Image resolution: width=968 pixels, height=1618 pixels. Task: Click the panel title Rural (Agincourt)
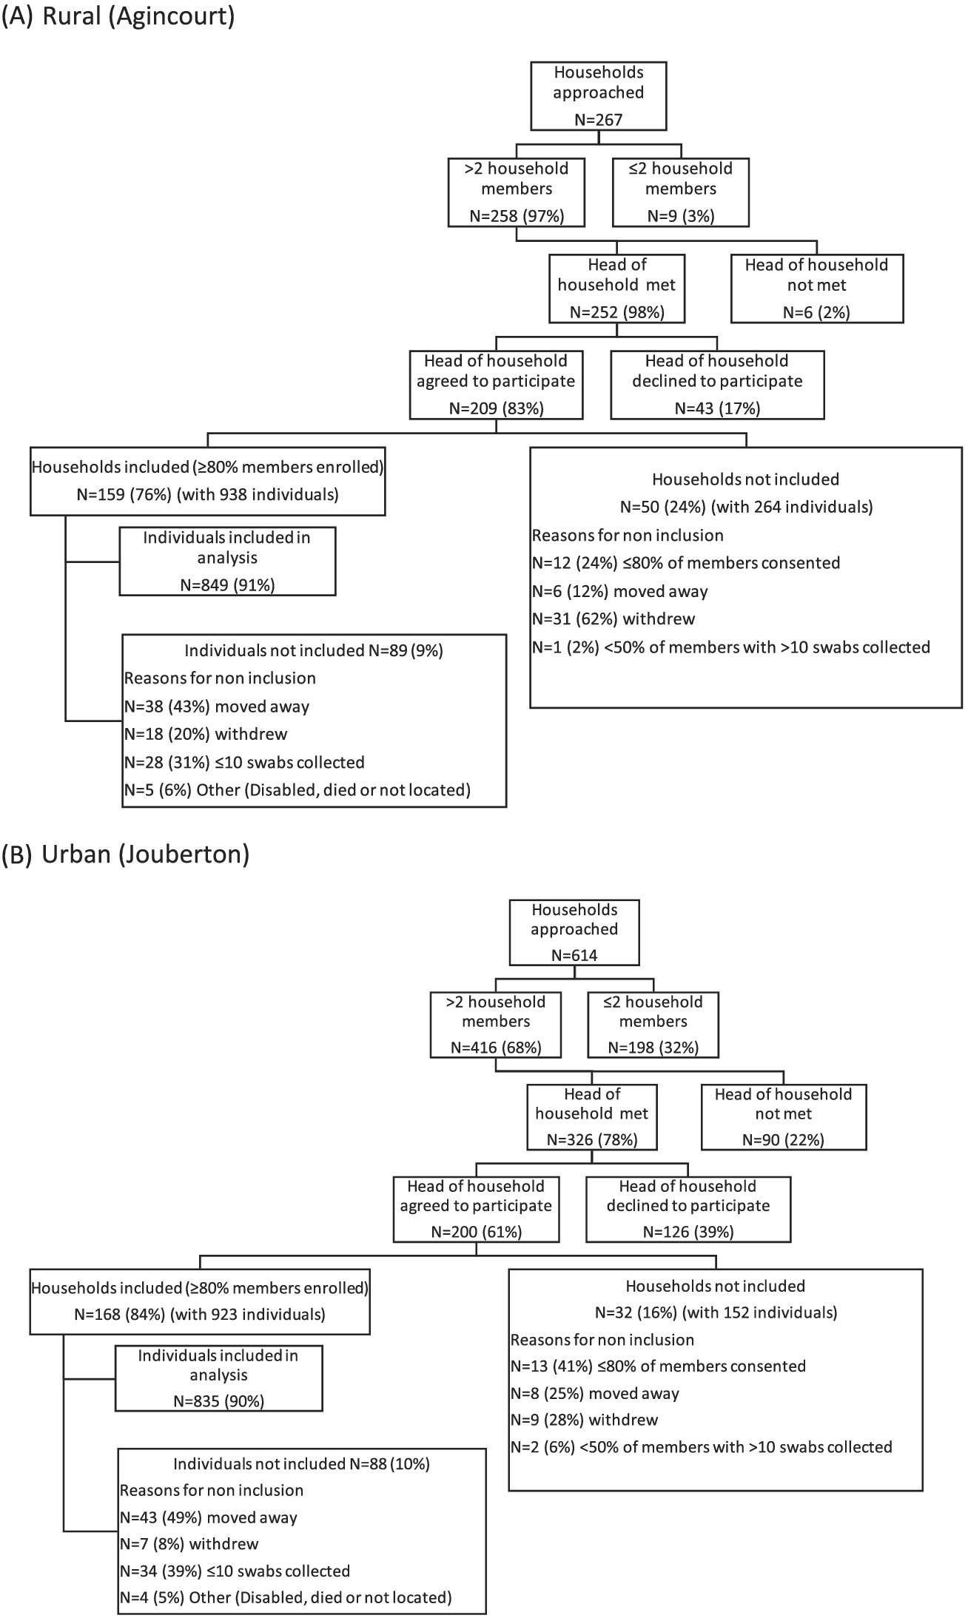coord(139,17)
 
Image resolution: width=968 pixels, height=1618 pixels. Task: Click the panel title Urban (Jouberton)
coord(146,854)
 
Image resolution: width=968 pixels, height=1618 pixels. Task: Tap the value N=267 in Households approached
coord(599,119)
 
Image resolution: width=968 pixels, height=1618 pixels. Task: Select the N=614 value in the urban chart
coord(574,955)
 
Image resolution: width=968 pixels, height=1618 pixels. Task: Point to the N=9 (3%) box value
coord(681,215)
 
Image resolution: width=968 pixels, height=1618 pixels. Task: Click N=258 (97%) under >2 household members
coord(517,215)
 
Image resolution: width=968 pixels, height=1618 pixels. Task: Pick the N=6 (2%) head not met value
coord(817,312)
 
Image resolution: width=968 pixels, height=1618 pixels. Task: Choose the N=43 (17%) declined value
coord(718,408)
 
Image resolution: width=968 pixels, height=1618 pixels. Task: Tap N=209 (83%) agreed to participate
coord(497,408)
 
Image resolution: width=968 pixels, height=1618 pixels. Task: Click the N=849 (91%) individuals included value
coord(228,585)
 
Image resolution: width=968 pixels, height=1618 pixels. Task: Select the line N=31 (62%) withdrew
coord(614,618)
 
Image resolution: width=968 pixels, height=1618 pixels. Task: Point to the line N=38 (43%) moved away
coord(216,707)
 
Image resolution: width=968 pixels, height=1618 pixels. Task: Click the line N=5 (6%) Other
coord(297,790)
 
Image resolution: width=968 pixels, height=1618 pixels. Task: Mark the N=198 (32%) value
coord(653,1048)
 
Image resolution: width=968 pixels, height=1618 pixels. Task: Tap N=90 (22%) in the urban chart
coord(784,1140)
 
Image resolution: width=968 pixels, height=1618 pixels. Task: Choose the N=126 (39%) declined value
coord(689,1232)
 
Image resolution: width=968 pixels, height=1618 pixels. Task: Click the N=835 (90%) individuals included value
coord(219,1401)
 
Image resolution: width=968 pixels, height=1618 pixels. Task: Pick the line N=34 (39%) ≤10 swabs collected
coord(235,1571)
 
